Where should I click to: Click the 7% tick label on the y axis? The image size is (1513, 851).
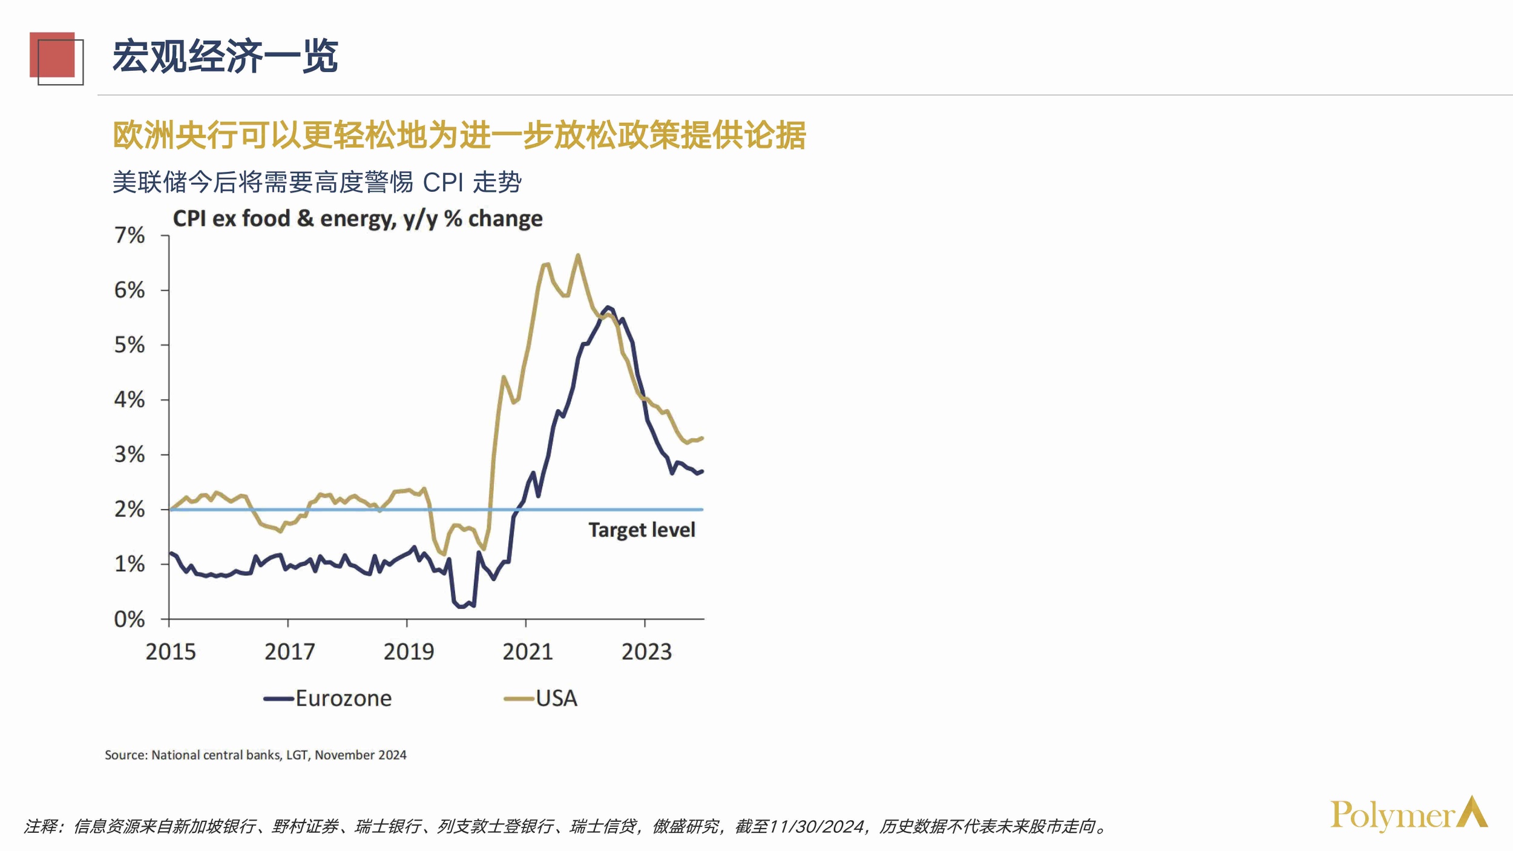(130, 235)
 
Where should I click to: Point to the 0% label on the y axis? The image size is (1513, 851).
(130, 619)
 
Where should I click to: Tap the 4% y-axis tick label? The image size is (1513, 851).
(130, 399)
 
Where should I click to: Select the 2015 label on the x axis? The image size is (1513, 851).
(171, 652)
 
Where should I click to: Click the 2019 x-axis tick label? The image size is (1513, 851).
(409, 652)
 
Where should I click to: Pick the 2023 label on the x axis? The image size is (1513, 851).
(646, 652)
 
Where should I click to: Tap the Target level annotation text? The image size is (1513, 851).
(642, 530)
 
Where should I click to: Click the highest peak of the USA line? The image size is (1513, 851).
(578, 255)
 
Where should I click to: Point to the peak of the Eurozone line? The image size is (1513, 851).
(608, 307)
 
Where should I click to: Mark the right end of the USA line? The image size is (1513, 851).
(702, 438)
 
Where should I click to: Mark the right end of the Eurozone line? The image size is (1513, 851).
(702, 471)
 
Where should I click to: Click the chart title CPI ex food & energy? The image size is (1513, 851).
(357, 218)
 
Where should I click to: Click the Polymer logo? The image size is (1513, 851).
(1408, 815)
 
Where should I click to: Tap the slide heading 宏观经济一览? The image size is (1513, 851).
(225, 56)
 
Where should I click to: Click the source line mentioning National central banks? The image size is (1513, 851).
(255, 755)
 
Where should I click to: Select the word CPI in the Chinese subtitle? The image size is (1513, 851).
(443, 182)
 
